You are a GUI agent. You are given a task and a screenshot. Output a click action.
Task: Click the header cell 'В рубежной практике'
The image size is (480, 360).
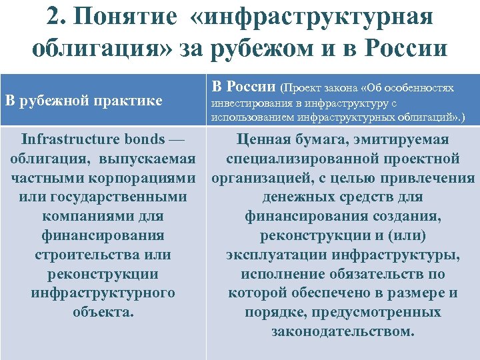pyautogui.click(x=83, y=101)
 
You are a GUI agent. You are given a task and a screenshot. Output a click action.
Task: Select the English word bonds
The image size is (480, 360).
pyautogui.click(x=146, y=140)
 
